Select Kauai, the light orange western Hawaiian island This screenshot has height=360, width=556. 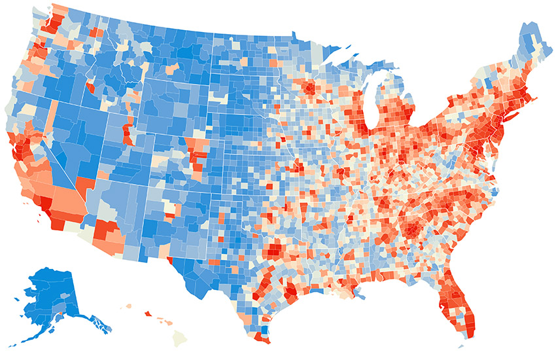click(x=128, y=305)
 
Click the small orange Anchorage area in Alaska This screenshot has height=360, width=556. click(x=61, y=315)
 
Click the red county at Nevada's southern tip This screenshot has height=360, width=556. click(x=84, y=186)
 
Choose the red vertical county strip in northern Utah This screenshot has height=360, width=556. click(x=126, y=134)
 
